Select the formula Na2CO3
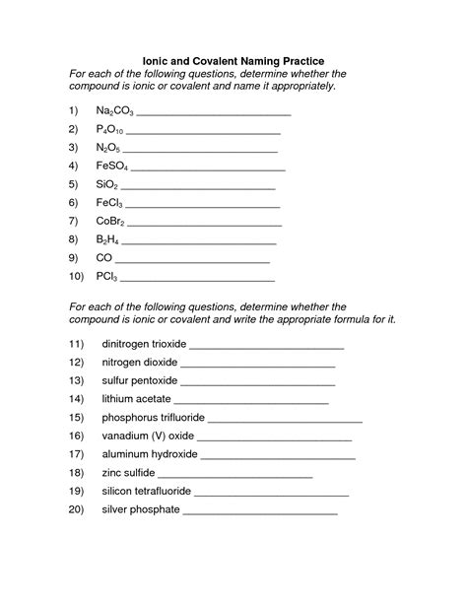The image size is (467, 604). [114, 115]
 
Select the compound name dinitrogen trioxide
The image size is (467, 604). [143, 346]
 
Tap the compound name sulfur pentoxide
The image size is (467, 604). [139, 380]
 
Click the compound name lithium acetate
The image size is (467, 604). [136, 398]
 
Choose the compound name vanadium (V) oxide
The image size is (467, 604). [148, 436]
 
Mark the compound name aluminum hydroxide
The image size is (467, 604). [150, 454]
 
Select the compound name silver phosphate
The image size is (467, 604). [141, 509]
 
